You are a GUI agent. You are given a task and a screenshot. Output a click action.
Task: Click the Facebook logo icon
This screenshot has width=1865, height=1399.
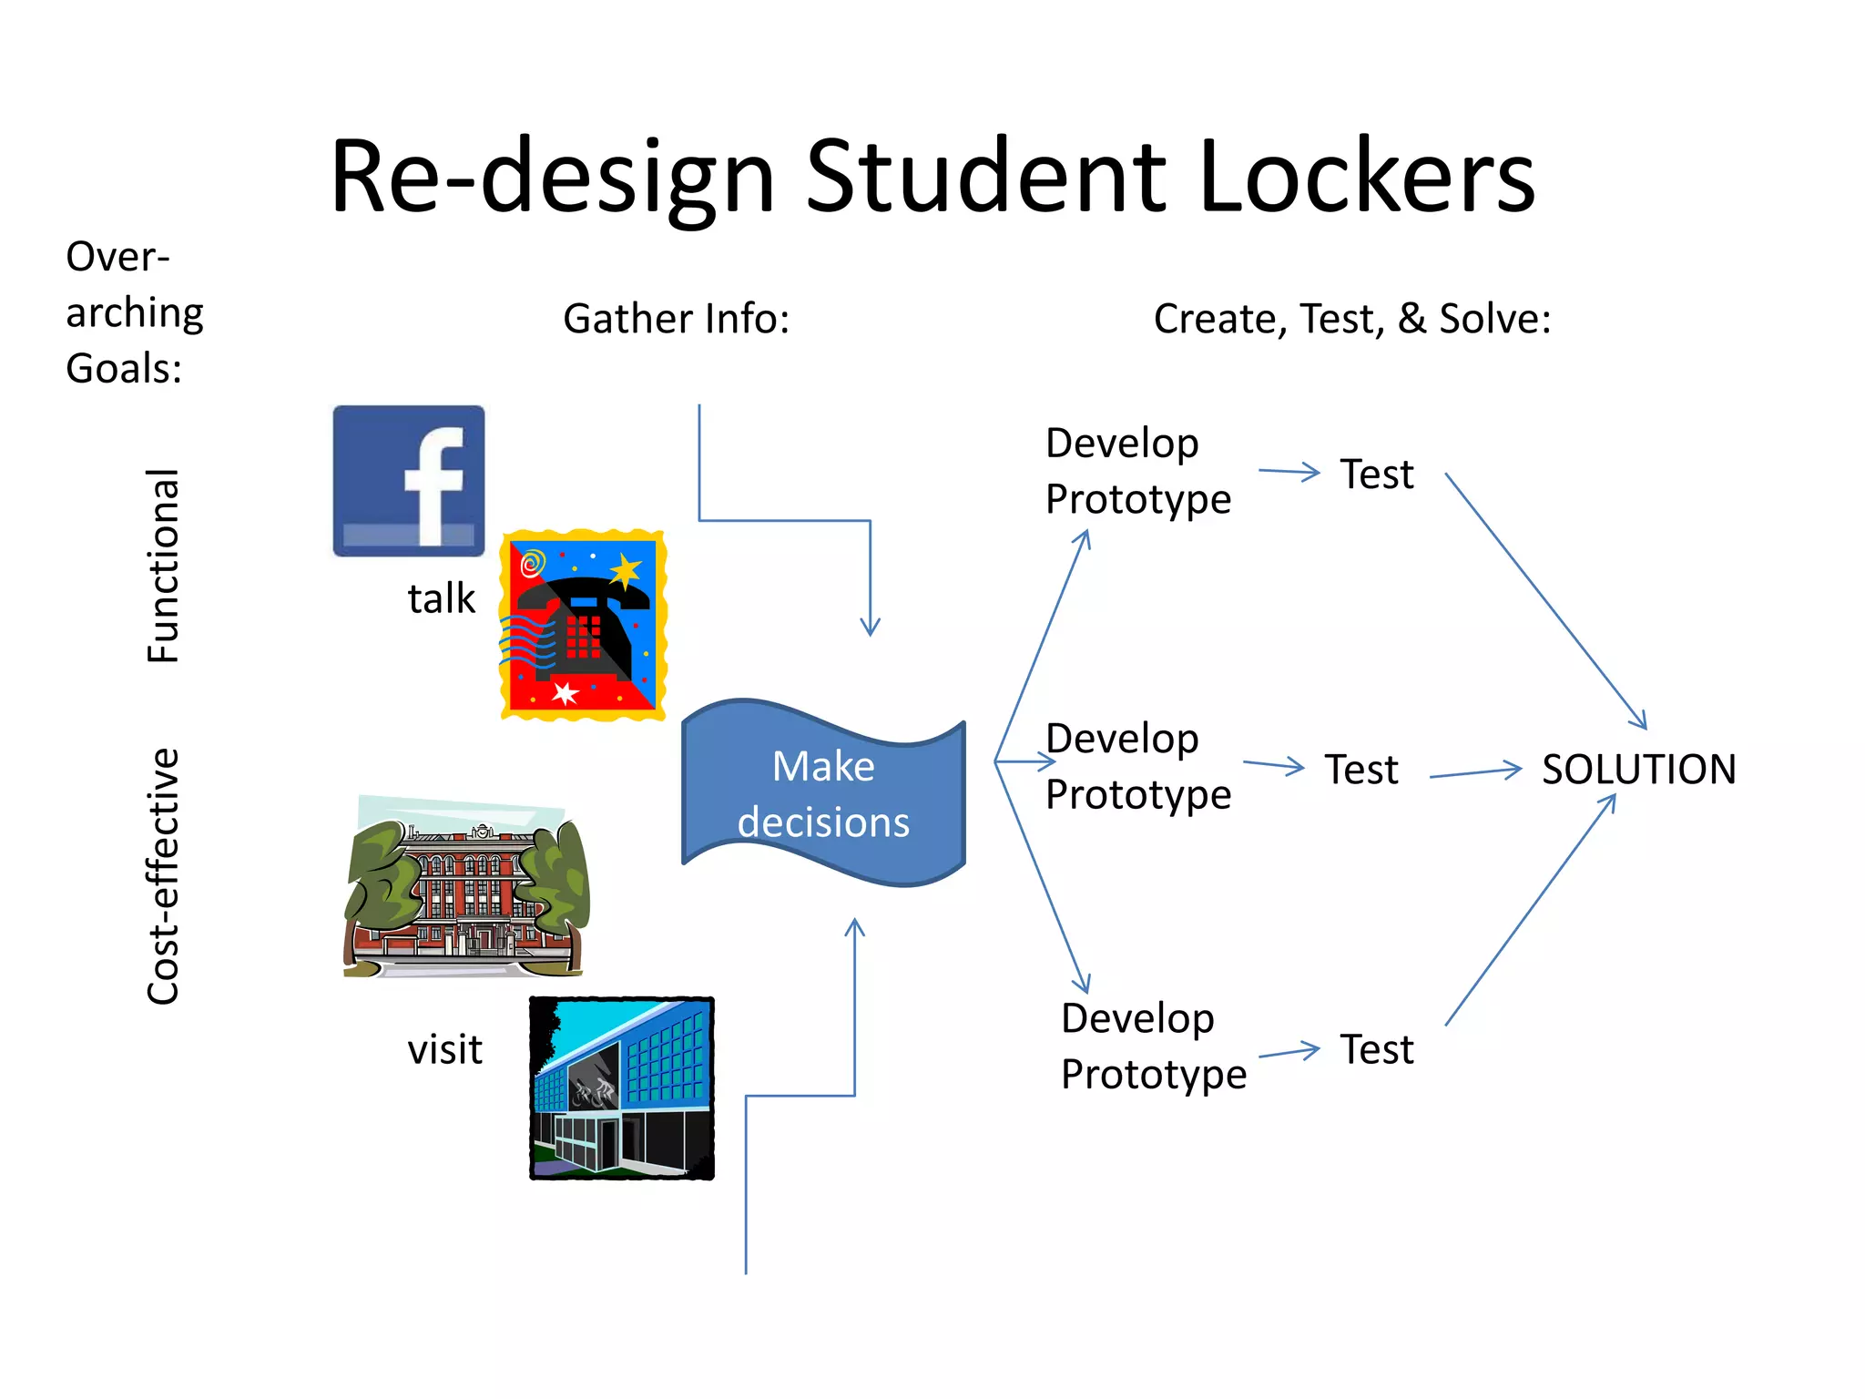coord(409,481)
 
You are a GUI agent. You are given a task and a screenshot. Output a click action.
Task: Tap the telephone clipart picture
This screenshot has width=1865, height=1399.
coord(584,625)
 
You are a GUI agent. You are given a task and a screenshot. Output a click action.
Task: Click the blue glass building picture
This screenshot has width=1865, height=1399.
coord(622,1088)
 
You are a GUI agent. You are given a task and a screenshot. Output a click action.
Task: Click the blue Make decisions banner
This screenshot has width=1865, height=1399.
coord(823,793)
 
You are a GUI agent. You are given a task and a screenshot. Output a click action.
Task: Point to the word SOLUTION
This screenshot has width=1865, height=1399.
coord(1638,770)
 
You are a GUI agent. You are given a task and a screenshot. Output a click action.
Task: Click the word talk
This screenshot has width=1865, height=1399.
coord(442,599)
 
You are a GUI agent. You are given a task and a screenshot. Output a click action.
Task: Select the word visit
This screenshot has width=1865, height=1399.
coord(444,1049)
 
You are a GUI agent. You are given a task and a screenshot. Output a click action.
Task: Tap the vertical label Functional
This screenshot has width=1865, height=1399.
coord(164,566)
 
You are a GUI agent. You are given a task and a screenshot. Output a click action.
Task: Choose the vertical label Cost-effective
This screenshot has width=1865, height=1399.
coord(164,876)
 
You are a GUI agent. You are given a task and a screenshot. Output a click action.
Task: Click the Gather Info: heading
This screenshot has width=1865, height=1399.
coord(676,319)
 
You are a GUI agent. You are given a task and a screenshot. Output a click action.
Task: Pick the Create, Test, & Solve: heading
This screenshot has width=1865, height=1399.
coord(1352,319)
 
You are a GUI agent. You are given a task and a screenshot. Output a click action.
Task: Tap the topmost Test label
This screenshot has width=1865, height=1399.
coord(1377,475)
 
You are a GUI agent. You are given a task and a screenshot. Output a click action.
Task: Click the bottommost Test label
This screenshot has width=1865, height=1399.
coord(1377,1049)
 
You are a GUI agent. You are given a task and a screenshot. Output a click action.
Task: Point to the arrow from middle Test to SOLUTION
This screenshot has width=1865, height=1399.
coord(1475,773)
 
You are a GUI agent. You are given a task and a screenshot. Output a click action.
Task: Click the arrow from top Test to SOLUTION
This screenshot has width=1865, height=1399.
coord(1545,601)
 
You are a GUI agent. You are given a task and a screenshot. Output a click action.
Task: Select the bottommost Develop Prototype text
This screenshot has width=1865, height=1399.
coord(1154,1046)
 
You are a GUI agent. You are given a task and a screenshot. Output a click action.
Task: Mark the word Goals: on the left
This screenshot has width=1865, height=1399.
coord(124,369)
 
